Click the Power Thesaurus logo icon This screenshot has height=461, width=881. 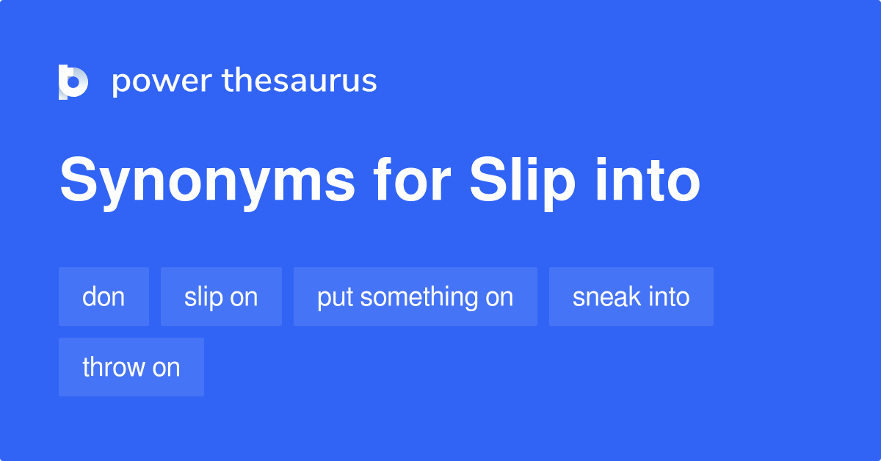(73, 81)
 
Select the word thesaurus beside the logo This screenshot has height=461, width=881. (300, 81)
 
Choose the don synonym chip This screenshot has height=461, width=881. (104, 297)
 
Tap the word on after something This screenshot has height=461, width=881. (498, 297)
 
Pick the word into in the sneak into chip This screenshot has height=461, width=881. (668, 297)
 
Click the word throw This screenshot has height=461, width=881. (114, 367)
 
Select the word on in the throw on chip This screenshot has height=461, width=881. (166, 367)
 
